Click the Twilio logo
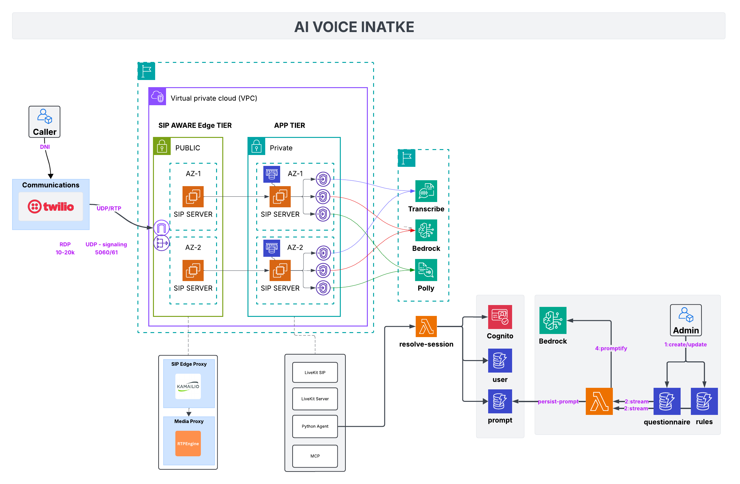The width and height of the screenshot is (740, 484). point(51,206)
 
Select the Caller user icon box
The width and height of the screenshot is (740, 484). point(44,122)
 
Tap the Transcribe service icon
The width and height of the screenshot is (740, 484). point(426,191)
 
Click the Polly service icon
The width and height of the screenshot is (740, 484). point(426,270)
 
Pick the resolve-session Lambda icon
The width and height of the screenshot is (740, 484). point(426,327)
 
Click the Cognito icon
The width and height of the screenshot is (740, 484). point(500,317)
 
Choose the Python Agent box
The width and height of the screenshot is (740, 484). point(315,426)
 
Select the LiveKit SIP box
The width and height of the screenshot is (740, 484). point(315,372)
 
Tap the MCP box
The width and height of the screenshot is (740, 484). point(315,456)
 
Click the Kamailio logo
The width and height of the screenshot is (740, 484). point(188,386)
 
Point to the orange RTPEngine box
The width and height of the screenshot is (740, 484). point(188,443)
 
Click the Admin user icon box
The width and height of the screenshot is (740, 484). point(686,320)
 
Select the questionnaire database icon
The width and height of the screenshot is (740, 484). point(667,401)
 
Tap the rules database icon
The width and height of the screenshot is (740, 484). point(704,401)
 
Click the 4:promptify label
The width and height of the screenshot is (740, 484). point(611,348)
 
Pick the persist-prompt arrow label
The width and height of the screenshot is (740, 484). point(558,402)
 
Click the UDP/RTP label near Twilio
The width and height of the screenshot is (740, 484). point(109,208)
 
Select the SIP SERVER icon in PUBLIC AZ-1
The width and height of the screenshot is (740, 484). point(193,196)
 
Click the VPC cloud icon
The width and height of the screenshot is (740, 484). point(157,96)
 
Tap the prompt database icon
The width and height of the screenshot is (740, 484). point(500,401)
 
